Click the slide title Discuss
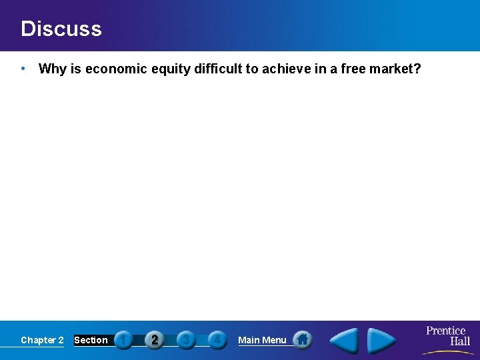[61, 29]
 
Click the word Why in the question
[51, 69]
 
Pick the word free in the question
[355, 69]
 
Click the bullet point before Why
[23, 69]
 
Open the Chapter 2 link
[42, 340]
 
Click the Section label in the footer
[91, 340]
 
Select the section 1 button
[123, 340]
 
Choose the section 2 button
[155, 340]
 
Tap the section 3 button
[186, 340]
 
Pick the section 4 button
[217, 340]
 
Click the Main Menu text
[262, 340]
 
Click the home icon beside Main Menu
[303, 340]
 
